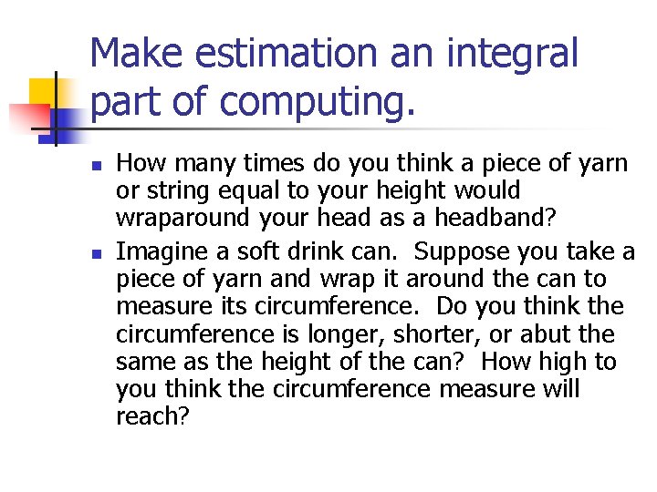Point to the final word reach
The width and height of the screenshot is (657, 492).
(x=151, y=417)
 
